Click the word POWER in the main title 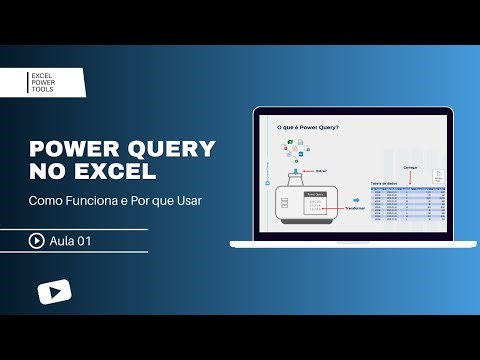click(71, 149)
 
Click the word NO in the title click(46, 172)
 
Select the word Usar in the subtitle click(186, 201)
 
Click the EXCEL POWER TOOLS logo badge click(55, 82)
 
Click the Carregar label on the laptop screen click(409, 167)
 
